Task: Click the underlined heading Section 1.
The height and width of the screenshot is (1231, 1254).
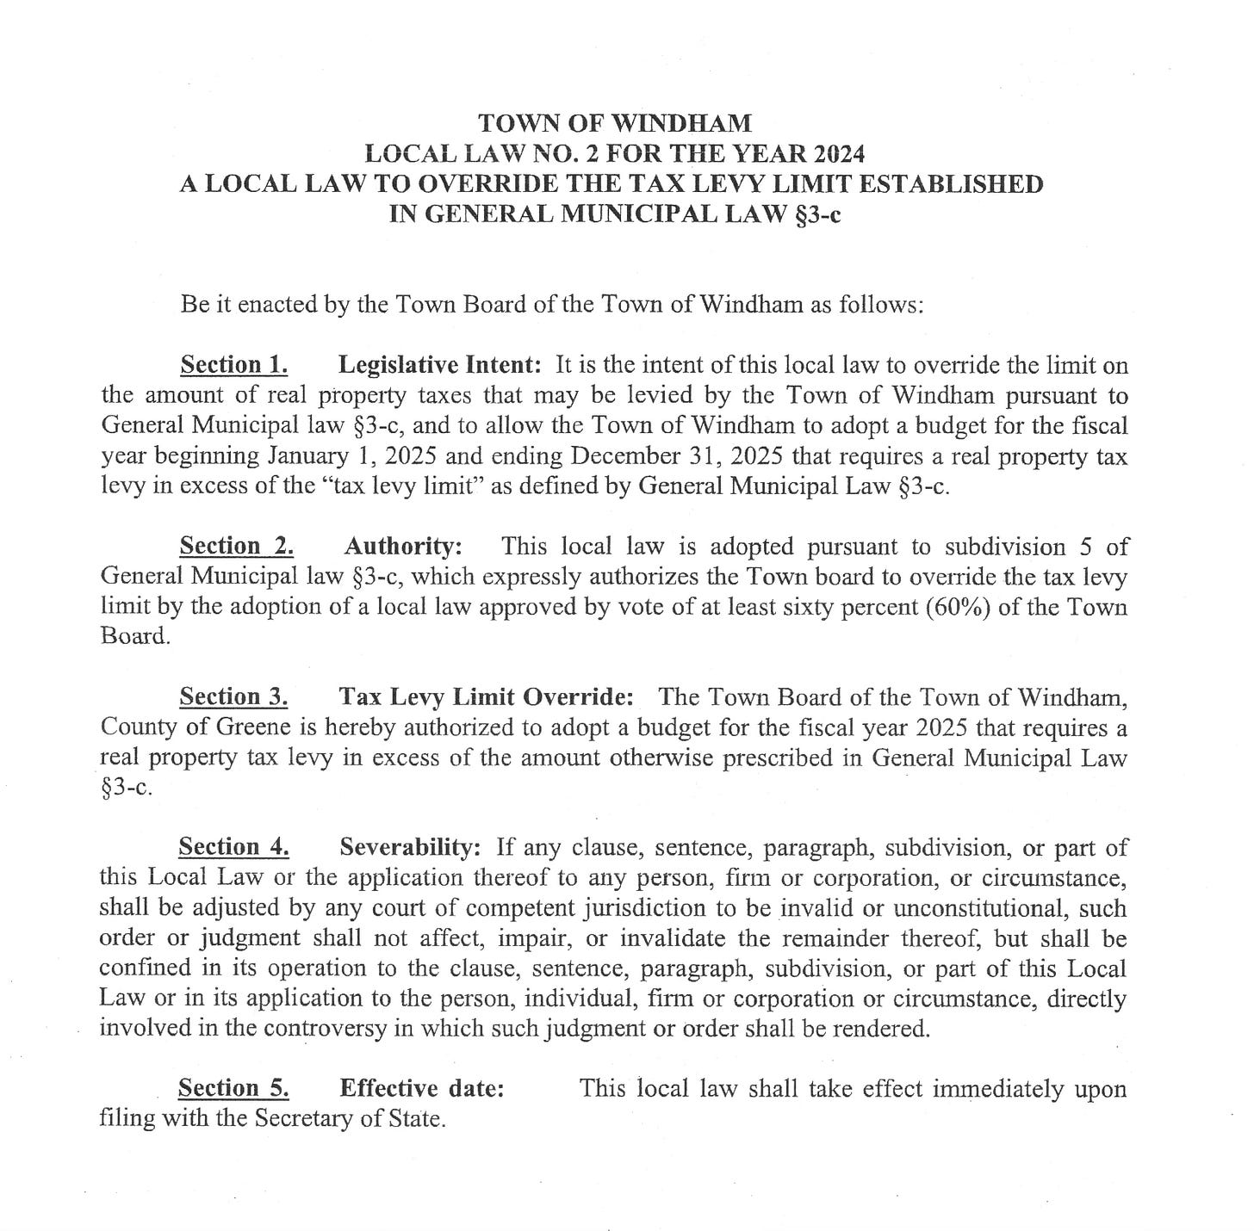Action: (x=233, y=365)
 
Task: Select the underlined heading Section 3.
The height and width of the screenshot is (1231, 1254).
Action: (x=233, y=696)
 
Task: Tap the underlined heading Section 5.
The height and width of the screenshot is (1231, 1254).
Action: (x=233, y=1088)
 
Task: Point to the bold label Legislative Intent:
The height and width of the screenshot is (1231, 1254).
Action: (x=439, y=365)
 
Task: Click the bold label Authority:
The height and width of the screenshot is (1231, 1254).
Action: (x=404, y=546)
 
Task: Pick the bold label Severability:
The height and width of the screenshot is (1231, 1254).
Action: (x=410, y=847)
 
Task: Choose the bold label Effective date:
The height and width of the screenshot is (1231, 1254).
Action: (x=422, y=1088)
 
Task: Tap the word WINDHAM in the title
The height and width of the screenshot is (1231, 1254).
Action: (x=685, y=123)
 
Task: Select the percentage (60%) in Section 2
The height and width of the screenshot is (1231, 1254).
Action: (x=957, y=607)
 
